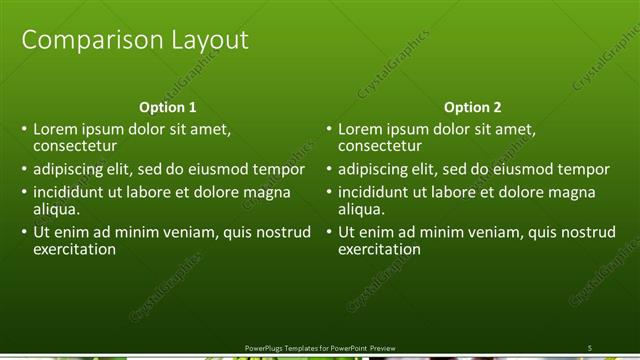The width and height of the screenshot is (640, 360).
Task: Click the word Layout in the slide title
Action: click(203, 40)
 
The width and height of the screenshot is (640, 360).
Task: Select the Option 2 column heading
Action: click(473, 107)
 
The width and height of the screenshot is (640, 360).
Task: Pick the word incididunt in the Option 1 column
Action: click(72, 192)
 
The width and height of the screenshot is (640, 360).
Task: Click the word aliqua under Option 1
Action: click(56, 209)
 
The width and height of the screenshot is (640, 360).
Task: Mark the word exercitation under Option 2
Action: click(380, 249)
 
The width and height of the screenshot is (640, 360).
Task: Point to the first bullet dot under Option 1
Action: click(24, 129)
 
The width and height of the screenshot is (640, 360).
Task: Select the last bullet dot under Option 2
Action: click(329, 232)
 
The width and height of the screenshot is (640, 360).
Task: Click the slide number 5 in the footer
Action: click(590, 347)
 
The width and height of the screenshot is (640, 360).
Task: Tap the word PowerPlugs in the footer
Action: click(265, 347)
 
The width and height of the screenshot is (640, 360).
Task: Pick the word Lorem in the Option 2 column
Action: click(359, 129)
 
